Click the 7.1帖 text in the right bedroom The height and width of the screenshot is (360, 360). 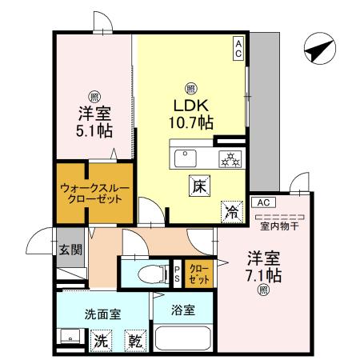pos(263,274)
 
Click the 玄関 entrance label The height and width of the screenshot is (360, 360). pos(70,249)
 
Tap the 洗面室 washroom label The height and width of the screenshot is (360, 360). pos(92,314)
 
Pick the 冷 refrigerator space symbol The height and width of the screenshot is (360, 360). pos(230,212)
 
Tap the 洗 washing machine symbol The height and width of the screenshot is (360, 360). pos(99,339)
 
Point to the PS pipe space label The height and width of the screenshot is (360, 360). pos(177,274)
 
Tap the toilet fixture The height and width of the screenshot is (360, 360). pos(148,274)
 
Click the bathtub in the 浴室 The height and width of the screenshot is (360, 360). pos(182,338)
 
